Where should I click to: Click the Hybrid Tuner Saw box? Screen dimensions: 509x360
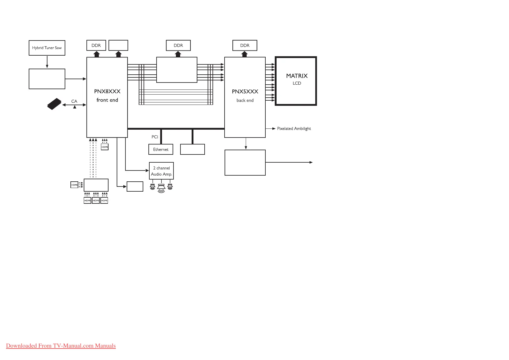pos(47,48)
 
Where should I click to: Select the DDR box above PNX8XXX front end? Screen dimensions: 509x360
pos(96,45)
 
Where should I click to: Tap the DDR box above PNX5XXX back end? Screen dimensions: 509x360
pos(245,45)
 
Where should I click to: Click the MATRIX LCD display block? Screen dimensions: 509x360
pos(296,81)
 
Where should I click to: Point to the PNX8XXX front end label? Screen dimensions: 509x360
pos(107,96)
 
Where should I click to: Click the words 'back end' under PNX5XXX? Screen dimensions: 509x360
pos(245,100)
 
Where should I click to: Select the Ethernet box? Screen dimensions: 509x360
pos(161,149)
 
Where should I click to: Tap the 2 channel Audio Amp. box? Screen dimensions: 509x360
pos(161,171)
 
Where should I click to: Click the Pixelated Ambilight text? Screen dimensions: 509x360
pos(294,129)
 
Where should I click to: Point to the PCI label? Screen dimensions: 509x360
pos(155,137)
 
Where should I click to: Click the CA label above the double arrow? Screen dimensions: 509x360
pos(74,101)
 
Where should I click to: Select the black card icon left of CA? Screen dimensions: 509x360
pos(54,104)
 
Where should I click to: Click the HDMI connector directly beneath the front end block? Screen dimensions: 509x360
pos(105,147)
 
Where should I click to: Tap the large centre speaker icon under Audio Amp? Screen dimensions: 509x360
pos(161,188)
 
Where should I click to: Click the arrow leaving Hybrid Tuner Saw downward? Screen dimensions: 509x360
pos(47,62)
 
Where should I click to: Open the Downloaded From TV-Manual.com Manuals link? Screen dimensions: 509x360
pos(61,346)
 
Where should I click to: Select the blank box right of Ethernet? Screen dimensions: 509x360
pos(193,149)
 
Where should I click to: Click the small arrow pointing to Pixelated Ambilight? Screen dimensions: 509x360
pos(271,129)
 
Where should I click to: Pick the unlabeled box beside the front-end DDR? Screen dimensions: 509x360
pos(118,45)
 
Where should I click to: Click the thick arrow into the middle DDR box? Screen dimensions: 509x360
pos(178,54)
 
